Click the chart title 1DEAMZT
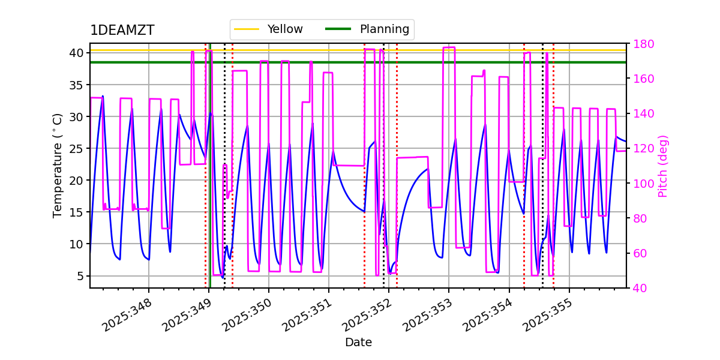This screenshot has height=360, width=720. click(x=122, y=31)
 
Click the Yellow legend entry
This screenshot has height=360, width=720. click(x=285, y=29)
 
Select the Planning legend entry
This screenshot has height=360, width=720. click(x=384, y=29)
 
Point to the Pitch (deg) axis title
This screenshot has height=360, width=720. click(x=663, y=166)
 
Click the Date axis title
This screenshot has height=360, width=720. click(x=358, y=343)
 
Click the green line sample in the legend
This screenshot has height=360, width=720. click(x=338, y=29)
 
